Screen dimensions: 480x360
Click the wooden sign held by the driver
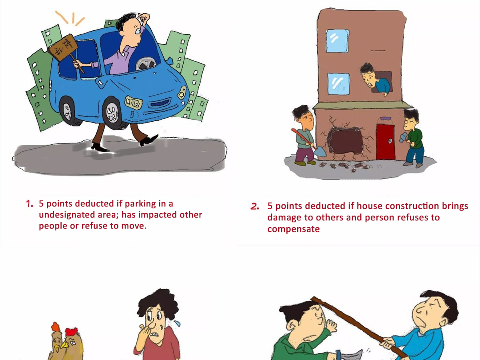tap(63, 48)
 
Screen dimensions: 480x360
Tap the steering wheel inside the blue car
tap(145, 63)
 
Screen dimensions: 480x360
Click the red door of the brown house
tap(386, 142)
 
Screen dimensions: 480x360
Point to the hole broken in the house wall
tap(345, 140)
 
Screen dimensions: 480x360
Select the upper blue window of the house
tap(337, 41)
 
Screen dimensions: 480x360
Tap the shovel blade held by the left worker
tap(320, 152)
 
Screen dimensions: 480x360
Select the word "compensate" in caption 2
tap(294, 229)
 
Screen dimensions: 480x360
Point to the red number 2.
tap(255, 206)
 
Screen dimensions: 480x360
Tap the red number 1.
tap(29, 204)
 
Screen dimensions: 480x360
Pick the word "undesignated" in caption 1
tap(67, 215)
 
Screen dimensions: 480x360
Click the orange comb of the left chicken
tap(56, 326)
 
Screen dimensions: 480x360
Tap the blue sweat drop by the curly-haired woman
tap(177, 323)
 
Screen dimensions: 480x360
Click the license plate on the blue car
tap(134, 102)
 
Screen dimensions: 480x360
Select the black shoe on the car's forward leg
tap(149, 140)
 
